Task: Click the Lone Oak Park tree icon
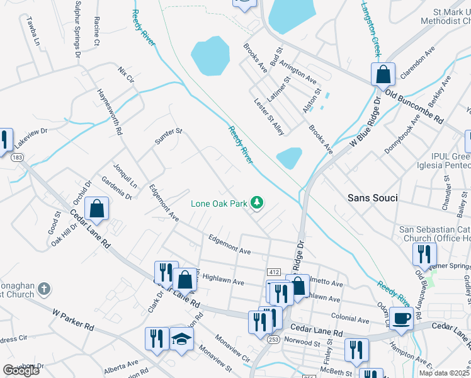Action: [x=256, y=203]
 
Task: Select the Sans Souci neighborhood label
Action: [x=373, y=198]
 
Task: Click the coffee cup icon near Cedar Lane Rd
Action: [x=401, y=319]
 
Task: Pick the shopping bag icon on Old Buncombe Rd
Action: [x=383, y=75]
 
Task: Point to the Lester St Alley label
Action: [x=269, y=116]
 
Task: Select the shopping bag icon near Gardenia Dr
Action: [x=96, y=209]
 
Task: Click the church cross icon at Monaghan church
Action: [x=43, y=289]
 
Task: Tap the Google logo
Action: [x=21, y=370]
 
